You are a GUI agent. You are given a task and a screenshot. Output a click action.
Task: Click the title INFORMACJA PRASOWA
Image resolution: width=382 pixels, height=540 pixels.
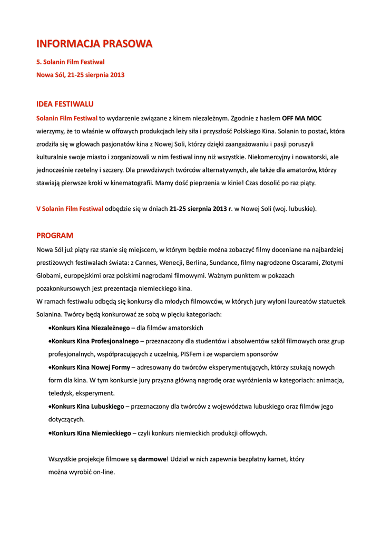click(94, 43)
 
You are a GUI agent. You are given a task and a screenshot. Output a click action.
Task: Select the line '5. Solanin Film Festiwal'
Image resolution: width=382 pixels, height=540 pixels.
click(70, 62)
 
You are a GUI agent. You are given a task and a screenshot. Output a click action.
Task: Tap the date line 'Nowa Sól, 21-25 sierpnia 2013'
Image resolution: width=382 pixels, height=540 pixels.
click(80, 75)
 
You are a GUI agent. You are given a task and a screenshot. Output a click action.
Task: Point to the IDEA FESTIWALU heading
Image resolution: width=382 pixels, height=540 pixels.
click(65, 104)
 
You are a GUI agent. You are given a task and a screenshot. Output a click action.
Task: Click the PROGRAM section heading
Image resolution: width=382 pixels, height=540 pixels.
click(55, 235)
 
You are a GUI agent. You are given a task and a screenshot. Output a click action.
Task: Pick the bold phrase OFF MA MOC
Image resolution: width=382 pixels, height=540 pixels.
click(302, 118)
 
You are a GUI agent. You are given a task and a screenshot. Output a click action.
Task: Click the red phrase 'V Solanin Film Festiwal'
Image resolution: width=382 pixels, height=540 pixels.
click(70, 209)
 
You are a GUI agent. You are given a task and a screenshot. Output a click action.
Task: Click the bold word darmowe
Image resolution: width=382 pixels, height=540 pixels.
click(152, 459)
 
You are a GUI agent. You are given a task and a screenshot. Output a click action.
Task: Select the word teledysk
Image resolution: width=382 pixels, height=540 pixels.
click(62, 393)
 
